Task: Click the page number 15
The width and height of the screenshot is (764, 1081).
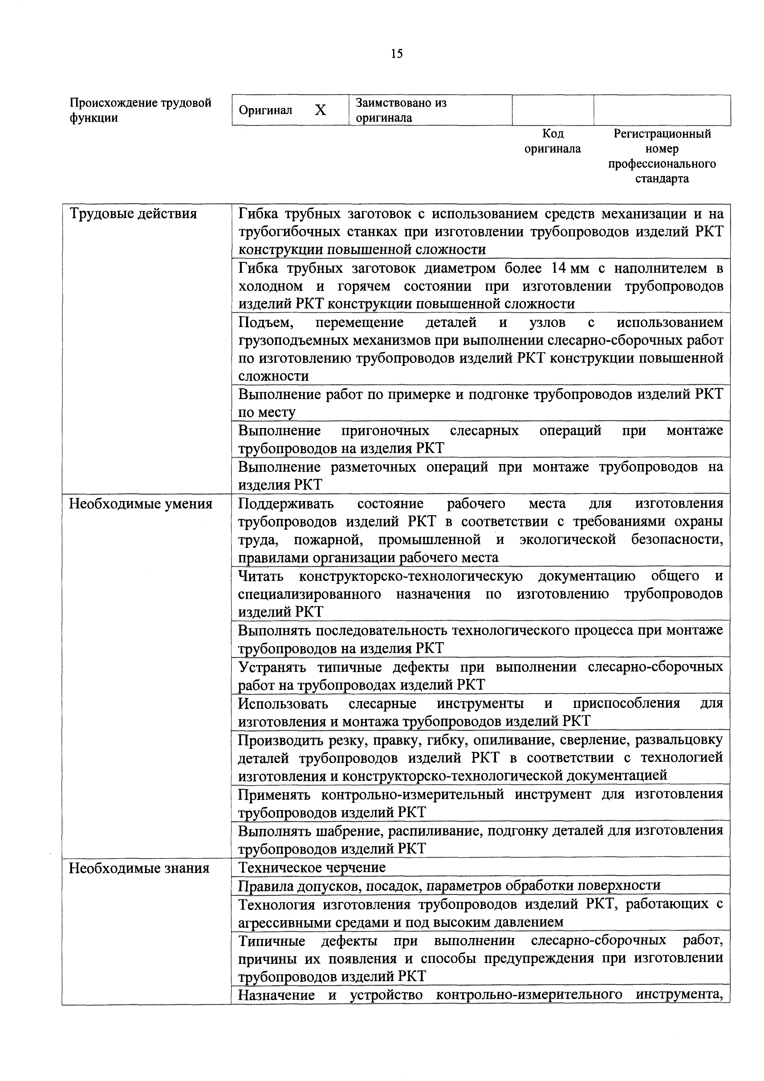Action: pos(396,54)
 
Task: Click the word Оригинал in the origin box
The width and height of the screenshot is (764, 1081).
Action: pos(266,110)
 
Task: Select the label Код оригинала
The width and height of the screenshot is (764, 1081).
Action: pos(553,141)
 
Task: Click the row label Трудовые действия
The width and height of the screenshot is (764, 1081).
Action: pos(133,214)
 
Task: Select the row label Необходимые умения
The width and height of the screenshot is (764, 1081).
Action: pos(141,504)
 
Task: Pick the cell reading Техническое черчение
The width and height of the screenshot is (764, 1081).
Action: pos(312,867)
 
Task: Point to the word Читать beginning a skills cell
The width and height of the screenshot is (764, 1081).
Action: pos(261,576)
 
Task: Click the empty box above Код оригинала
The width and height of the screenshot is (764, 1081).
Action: pos(553,110)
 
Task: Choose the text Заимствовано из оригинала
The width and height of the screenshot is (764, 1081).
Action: pos(401,110)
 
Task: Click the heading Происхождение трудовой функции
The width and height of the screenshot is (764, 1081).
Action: pos(140,110)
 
